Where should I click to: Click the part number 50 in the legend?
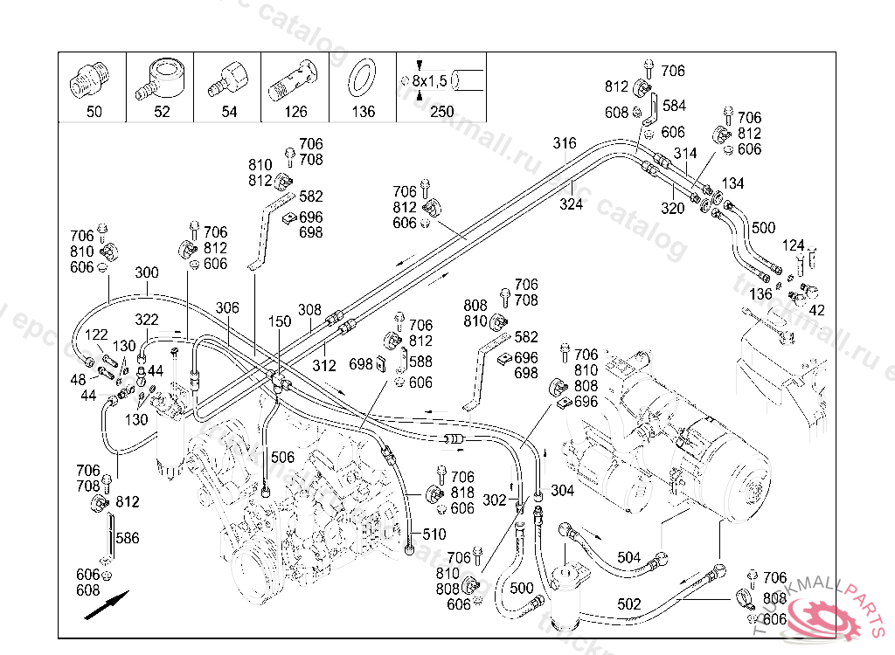[x=94, y=112]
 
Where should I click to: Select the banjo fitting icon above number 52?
[x=161, y=79]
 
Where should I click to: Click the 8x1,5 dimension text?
[x=429, y=80]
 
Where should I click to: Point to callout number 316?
[x=565, y=143]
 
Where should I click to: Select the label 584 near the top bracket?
[x=674, y=106]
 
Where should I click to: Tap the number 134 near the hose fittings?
[x=732, y=183]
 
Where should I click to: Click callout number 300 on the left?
[x=147, y=272]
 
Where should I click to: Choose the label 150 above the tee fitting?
[x=279, y=322]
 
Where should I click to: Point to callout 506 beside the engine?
[x=282, y=457]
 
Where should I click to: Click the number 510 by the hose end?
[x=434, y=534]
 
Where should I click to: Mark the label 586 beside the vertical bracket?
[x=128, y=538]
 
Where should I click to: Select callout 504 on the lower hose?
[x=628, y=557]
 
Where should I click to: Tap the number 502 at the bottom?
[x=628, y=604]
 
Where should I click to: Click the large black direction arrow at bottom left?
[x=107, y=605]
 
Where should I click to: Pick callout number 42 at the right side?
[x=817, y=309]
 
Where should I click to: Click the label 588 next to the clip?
[x=420, y=361]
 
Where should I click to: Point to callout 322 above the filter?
[x=147, y=320]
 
